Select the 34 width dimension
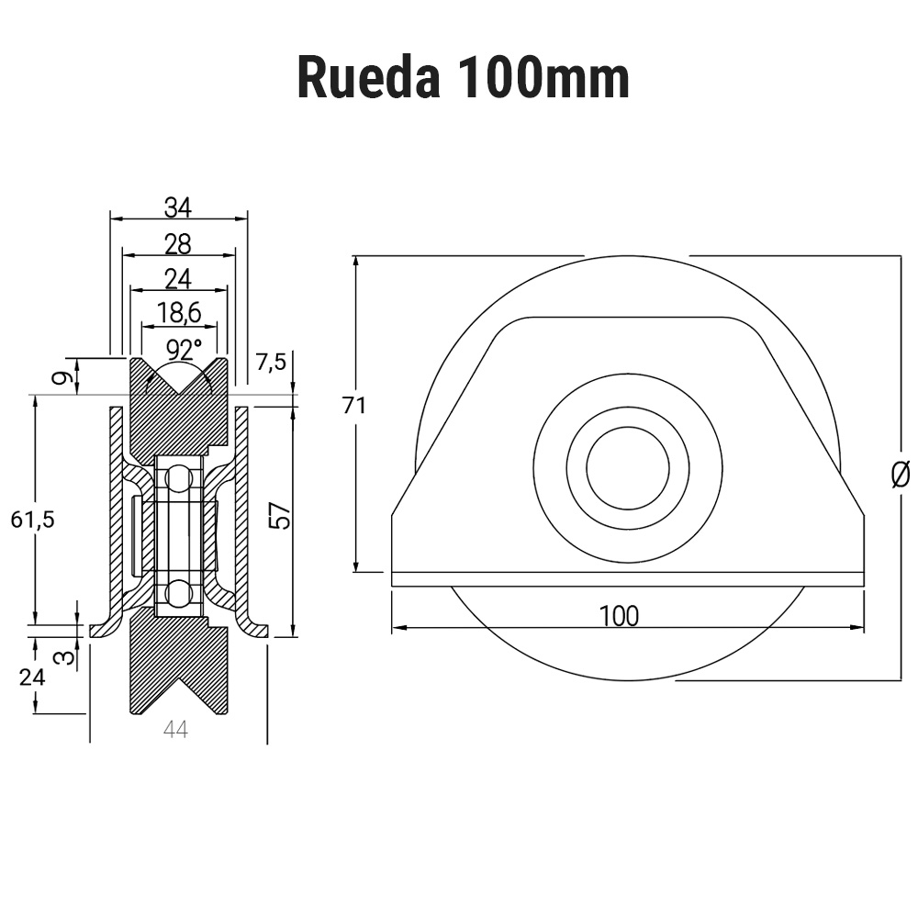point(178,208)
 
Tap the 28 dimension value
point(178,244)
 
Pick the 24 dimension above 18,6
point(178,278)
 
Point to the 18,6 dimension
point(179,313)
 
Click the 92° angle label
point(184,350)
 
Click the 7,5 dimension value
point(271,362)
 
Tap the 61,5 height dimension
point(33,520)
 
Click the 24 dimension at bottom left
point(33,677)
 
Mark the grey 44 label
point(175,730)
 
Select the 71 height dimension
point(354,405)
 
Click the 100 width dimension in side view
point(619,616)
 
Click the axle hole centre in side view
point(627,468)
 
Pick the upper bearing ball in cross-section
point(178,476)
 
